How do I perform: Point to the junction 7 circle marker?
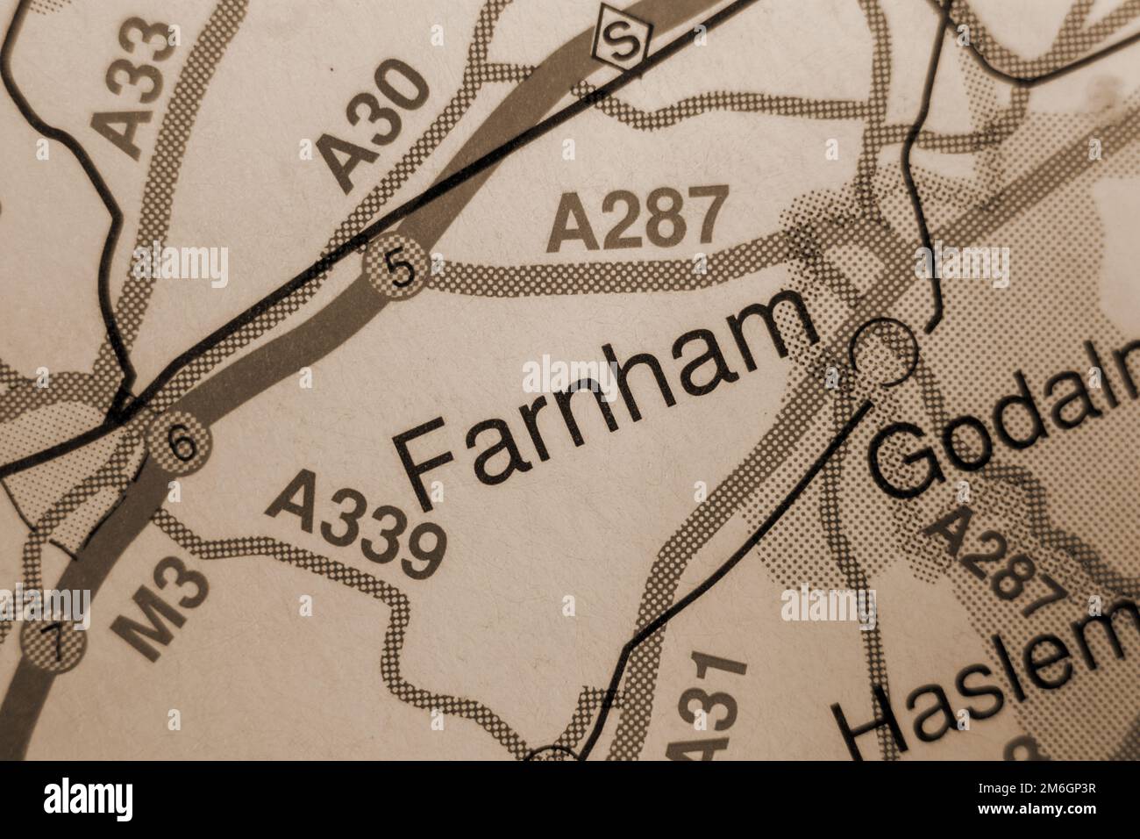[x=53, y=648]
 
